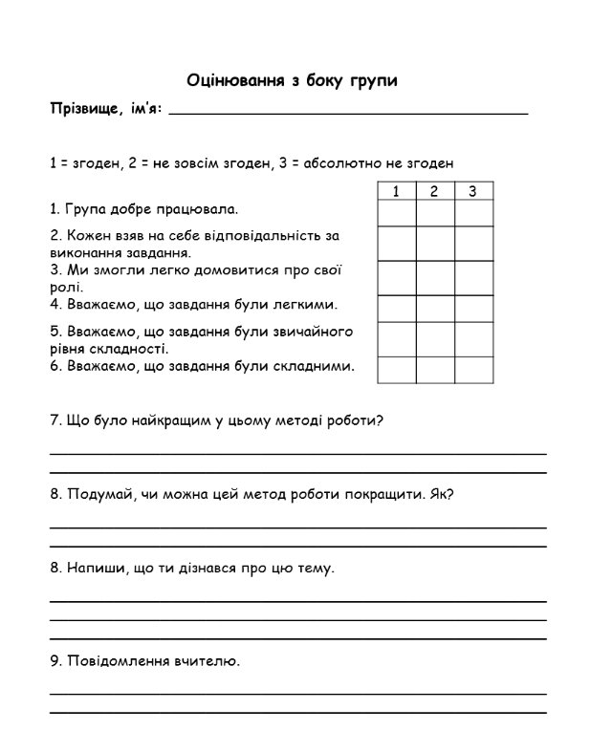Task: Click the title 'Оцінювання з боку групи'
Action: (x=292, y=80)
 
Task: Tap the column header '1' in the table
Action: (x=397, y=192)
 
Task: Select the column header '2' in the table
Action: (x=435, y=192)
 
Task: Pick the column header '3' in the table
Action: (x=473, y=192)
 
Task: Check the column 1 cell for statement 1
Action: (x=397, y=212)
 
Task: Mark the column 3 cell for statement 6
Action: (x=473, y=370)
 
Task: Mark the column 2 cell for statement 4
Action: (x=435, y=309)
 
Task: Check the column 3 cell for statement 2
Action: (x=473, y=243)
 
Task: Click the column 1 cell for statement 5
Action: (x=397, y=339)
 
